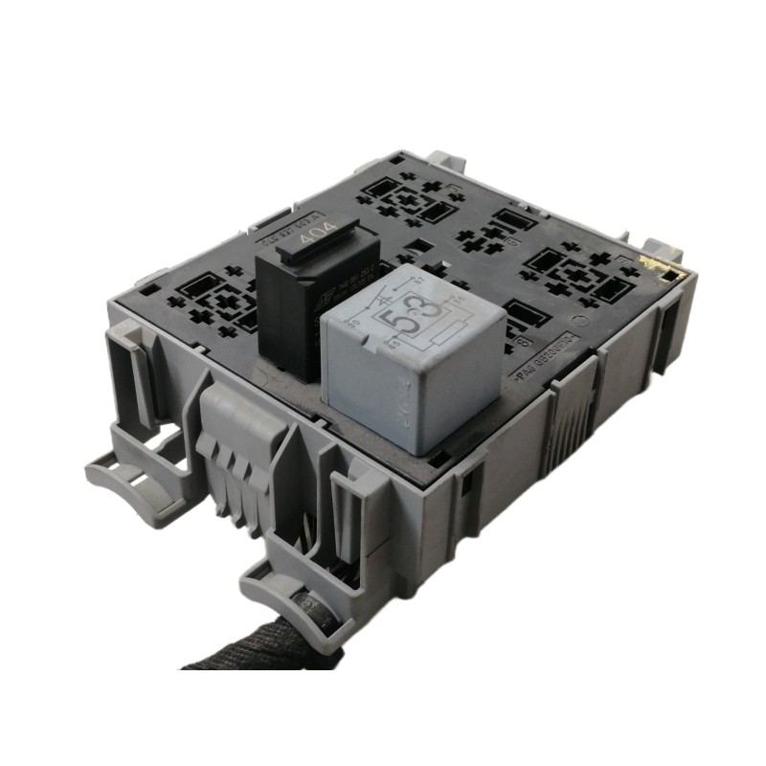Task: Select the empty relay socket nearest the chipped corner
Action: click(x=584, y=273)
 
